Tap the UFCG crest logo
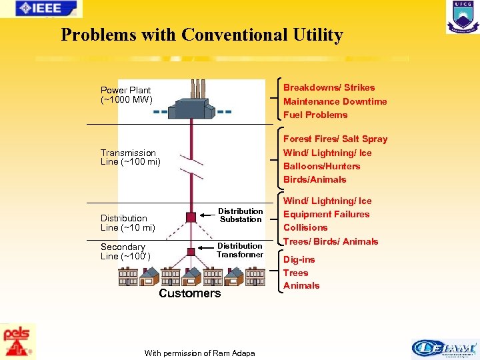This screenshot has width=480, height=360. coord(462,17)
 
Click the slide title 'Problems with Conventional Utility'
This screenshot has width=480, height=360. coord(202,35)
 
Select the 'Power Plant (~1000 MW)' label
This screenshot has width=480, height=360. coord(126,95)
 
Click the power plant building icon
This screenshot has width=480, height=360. coord(191,107)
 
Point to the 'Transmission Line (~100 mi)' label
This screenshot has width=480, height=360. coord(131,157)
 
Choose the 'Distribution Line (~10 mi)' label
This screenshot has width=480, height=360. coord(127,223)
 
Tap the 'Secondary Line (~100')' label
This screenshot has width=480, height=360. coord(125,251)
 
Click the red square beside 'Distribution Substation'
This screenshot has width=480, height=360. coord(191,217)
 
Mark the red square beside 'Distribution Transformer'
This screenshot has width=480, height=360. coord(191,251)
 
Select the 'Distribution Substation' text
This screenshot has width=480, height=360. coord(241,215)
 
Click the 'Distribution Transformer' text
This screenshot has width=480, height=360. coord(240,250)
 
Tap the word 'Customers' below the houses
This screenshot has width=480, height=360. coord(189,293)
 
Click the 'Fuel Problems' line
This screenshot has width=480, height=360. coord(315,115)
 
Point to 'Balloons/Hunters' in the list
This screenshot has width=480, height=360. coord(321,166)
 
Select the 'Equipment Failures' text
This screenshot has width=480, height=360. coord(326,214)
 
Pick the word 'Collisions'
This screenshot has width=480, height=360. coord(305,227)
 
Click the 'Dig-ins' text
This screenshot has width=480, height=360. coord(299,259)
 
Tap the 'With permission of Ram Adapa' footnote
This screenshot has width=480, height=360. coord(199,353)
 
